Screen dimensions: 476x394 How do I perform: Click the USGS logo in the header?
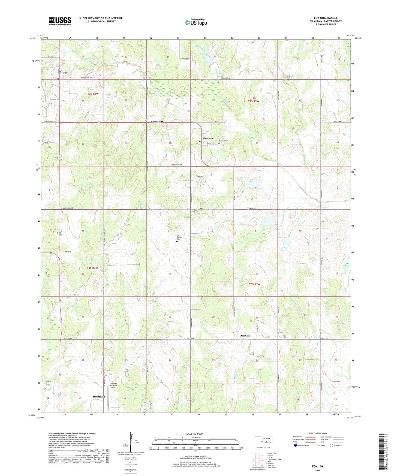60,21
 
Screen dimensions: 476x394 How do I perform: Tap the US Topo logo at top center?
196,22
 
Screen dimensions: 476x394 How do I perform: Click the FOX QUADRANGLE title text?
326,18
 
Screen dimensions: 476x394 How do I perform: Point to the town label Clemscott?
157,122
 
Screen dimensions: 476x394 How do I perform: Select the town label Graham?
208,138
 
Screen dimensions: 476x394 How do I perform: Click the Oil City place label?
245,336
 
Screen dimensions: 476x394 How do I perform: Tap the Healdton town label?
99,396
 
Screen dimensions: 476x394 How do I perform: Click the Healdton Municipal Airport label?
113,385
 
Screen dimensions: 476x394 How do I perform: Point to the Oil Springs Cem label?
179,237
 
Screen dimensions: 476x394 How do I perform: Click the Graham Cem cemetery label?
224,141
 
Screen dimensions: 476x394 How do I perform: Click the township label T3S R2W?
254,284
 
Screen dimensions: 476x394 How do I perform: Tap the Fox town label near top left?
65,73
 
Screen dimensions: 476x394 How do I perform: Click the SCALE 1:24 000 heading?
194,433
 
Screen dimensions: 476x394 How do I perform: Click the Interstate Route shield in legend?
295,445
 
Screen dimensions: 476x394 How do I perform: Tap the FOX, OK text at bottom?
318,466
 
